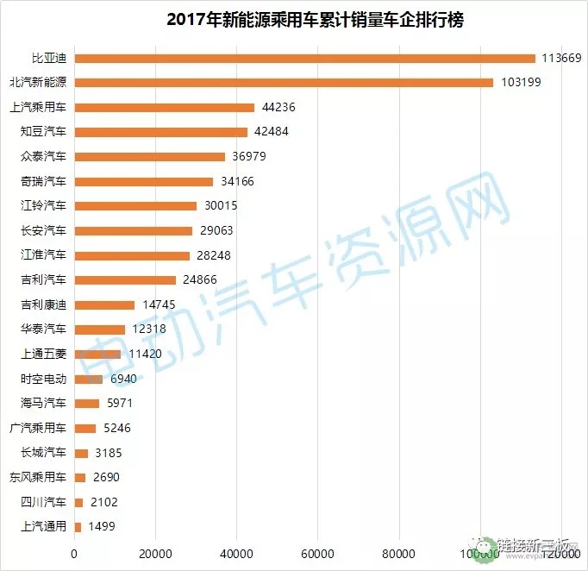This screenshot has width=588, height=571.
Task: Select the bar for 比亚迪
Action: (305, 59)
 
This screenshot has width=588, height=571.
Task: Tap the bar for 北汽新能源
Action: (284, 83)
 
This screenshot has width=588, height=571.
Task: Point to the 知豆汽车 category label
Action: (43, 132)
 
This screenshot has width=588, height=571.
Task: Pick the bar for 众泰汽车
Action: (150, 157)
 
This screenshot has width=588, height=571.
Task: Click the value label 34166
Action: (235, 181)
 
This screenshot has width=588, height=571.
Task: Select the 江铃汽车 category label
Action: (43, 205)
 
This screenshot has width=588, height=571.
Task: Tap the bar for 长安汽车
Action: (134, 230)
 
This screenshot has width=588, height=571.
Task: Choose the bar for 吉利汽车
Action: (126, 279)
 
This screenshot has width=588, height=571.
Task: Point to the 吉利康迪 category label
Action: (43, 304)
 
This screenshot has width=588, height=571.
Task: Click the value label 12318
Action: (147, 329)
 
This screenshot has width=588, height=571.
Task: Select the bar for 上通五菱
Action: (97, 354)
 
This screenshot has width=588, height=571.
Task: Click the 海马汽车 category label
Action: (43, 403)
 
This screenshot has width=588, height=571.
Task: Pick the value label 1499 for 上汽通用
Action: (100, 526)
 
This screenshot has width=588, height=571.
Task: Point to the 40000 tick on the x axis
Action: (236, 553)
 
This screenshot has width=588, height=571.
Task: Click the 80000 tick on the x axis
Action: (398, 553)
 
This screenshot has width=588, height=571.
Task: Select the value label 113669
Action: (562, 59)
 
